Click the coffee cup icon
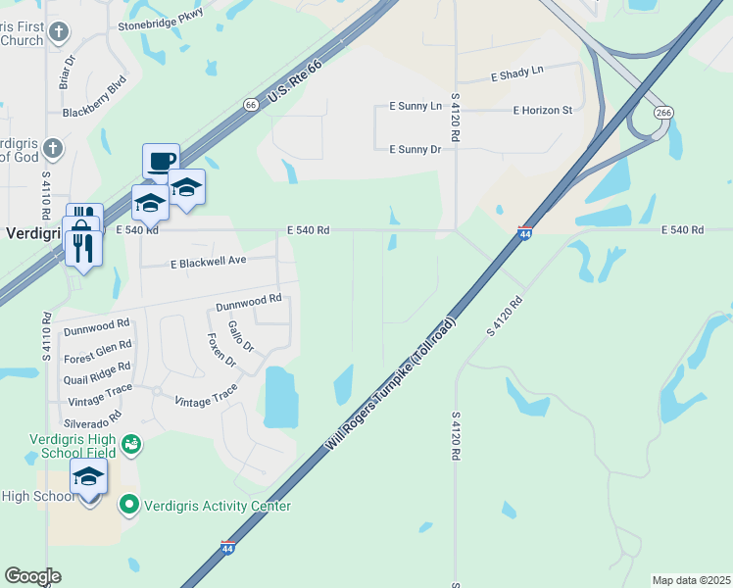[x=161, y=160]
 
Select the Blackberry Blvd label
[x=95, y=98]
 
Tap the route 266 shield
[x=663, y=113]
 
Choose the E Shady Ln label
[x=516, y=73]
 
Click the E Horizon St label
[x=542, y=111]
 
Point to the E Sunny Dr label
[x=415, y=149]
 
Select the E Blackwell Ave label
[x=209, y=263]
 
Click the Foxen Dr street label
[x=222, y=350]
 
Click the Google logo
[x=32, y=576]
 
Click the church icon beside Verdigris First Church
[x=59, y=33]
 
